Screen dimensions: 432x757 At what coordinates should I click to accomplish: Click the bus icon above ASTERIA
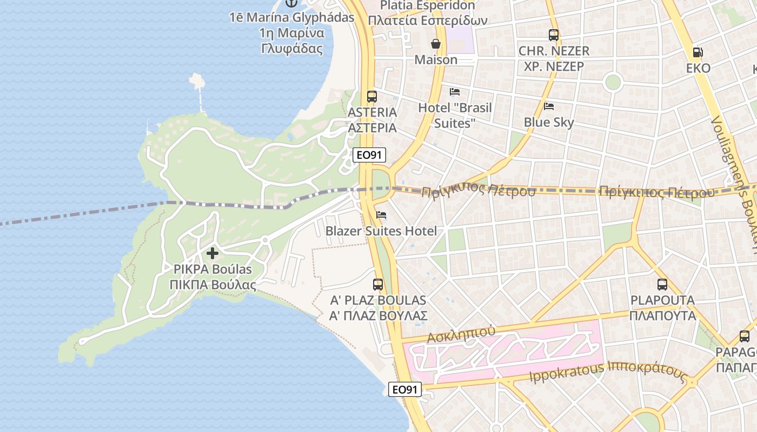372,97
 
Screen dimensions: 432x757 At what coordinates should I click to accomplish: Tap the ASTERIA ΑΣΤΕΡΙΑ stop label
373,120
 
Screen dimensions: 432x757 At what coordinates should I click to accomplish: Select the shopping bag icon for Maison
436,44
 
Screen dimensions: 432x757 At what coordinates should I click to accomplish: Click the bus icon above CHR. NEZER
554,35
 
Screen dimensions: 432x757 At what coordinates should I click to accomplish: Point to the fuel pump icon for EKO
698,52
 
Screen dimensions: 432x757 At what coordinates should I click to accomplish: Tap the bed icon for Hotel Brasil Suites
455,92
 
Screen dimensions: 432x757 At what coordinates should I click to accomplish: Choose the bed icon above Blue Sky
549,106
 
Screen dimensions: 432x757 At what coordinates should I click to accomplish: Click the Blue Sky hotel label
549,123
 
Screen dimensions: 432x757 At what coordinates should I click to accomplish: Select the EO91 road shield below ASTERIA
370,155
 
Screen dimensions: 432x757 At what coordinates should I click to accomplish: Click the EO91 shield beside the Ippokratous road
405,389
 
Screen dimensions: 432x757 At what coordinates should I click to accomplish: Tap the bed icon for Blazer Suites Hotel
381,215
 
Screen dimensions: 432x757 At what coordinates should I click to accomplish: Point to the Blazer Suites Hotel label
381,231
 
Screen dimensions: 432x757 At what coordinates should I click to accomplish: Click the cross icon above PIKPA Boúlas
213,253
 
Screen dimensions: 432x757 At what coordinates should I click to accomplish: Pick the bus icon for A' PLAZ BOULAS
378,284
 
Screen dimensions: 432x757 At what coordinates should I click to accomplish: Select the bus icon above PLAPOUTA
662,284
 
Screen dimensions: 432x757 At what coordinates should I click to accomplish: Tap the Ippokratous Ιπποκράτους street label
608,373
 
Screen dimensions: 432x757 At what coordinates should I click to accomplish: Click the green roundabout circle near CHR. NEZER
613,82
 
